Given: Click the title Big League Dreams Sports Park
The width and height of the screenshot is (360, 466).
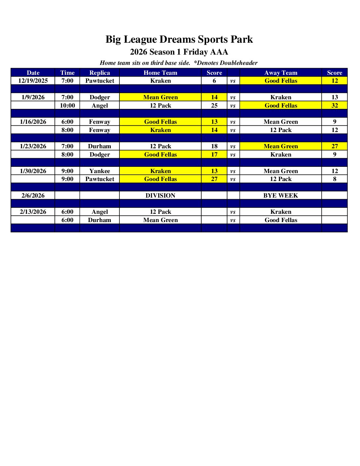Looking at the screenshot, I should (179, 39).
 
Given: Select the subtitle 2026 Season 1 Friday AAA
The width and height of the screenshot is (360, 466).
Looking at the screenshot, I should (179, 52).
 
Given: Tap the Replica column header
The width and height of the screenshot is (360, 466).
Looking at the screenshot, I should (100, 73).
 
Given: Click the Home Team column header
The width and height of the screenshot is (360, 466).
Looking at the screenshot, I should (160, 73).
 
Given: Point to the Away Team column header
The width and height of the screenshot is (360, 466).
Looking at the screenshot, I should (281, 73).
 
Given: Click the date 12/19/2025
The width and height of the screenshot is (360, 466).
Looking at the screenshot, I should (33, 81).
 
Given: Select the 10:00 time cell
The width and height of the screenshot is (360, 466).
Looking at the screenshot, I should (67, 106).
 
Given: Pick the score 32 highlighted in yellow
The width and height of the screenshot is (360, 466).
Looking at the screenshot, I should (335, 106).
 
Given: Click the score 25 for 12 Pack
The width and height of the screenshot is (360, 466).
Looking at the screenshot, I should (214, 106).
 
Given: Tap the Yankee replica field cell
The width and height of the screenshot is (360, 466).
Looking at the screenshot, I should (100, 171).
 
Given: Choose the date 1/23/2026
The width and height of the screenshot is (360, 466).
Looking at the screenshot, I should (33, 146).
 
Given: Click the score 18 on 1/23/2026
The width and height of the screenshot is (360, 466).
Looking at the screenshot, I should (214, 146).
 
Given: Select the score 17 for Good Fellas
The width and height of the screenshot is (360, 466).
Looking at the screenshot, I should (214, 155).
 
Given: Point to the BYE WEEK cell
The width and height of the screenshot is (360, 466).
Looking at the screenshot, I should (281, 196).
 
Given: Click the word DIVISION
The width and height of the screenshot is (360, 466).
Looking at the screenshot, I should (160, 196).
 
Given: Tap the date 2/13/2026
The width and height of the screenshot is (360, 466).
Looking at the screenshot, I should (33, 212).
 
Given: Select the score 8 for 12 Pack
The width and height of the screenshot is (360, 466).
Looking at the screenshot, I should (335, 179).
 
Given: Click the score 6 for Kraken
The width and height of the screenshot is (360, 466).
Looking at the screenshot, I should (214, 81).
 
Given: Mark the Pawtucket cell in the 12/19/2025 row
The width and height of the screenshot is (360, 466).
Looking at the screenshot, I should (100, 81).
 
